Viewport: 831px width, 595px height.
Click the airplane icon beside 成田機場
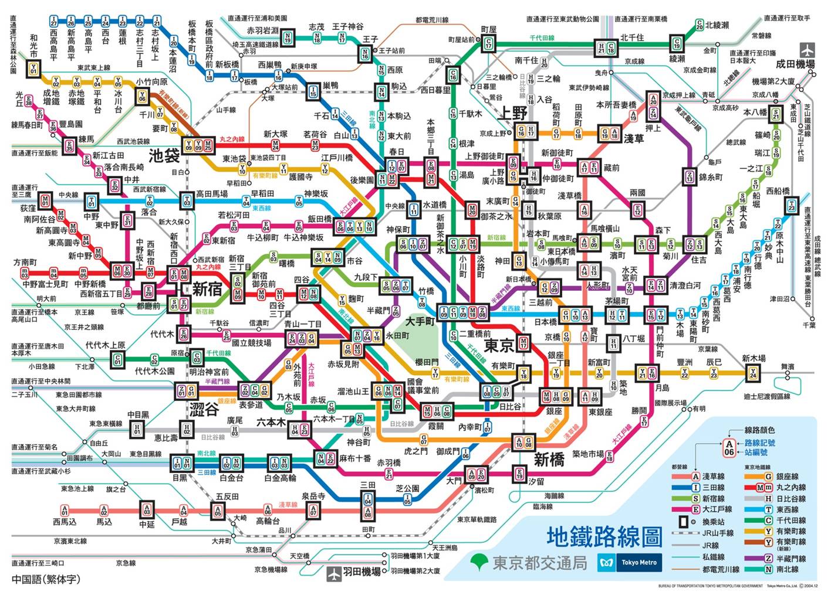[808, 50]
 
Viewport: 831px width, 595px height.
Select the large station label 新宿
[208, 288]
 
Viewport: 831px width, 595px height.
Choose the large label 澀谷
[204, 409]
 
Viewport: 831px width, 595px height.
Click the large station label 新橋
[549, 460]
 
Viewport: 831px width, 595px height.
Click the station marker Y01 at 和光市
[33, 69]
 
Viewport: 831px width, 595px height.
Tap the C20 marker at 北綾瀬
[700, 25]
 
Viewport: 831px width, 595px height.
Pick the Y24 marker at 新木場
[753, 372]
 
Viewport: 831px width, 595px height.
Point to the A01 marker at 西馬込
[65, 511]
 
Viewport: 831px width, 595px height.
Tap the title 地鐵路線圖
[604, 536]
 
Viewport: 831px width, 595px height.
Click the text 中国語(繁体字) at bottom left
[46, 579]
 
